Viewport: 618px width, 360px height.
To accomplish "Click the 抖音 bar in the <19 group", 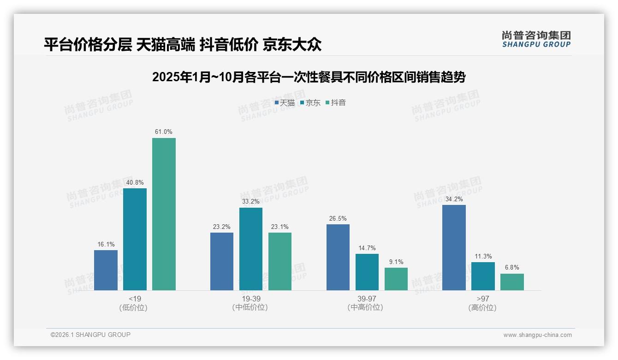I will (164, 214).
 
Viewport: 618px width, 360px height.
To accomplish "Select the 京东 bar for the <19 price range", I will (135, 239).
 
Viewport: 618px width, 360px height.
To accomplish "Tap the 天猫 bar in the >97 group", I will (454, 247).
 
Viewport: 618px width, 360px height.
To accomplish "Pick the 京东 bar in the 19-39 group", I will (251, 249).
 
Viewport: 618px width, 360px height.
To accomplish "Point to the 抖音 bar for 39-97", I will (396, 279).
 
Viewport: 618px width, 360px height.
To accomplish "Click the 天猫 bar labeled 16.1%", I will (106, 270).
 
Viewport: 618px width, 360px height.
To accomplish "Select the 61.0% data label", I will (164, 132).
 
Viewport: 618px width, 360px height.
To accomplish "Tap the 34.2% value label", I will (454, 199).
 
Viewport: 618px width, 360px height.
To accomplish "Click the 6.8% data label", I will (512, 268).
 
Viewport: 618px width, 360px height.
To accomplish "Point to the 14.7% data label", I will (367, 248).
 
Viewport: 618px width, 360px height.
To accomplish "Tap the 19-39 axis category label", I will (250, 299).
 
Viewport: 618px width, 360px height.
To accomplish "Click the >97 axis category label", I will (482, 299).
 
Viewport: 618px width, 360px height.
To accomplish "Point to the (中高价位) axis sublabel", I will (366, 307).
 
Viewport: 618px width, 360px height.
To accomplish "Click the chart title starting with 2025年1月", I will (309, 77).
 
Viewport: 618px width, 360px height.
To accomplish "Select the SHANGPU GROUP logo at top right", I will (536, 39).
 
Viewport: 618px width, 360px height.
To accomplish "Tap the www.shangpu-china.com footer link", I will (537, 335).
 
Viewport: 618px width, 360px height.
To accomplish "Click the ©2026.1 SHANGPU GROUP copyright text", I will (90, 335).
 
